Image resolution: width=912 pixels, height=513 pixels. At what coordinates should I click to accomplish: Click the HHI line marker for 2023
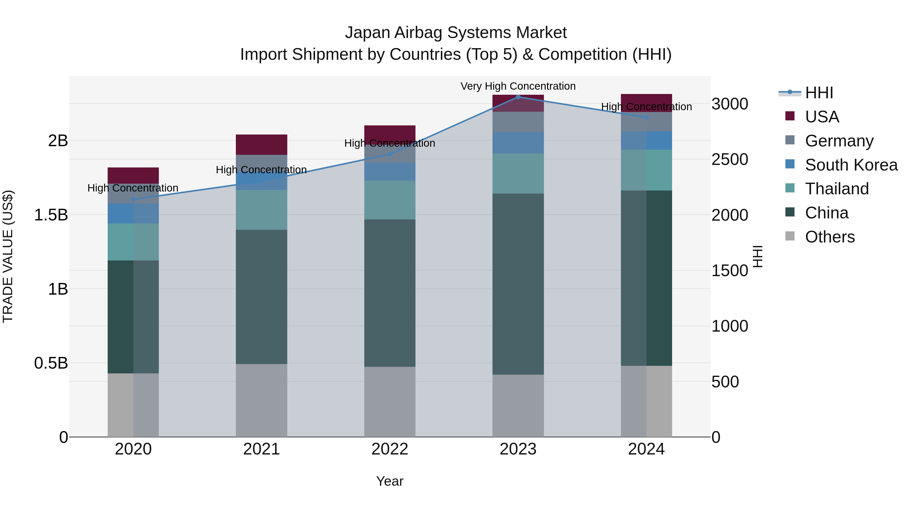[x=518, y=97]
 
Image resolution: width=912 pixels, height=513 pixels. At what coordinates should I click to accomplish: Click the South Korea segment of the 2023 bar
[x=518, y=143]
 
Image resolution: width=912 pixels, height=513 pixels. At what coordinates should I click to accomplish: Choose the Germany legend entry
[x=839, y=141]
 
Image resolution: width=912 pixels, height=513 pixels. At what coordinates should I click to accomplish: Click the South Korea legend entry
[x=851, y=165]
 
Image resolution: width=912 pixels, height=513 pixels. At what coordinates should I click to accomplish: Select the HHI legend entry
[x=819, y=93]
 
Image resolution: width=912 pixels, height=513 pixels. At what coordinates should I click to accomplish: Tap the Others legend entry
[x=829, y=237]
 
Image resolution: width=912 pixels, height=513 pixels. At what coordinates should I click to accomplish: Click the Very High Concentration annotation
[x=518, y=86]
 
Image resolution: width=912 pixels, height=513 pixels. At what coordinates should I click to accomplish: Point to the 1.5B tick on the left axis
[x=51, y=215]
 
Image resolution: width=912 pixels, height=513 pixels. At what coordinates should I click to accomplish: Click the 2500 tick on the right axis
[x=730, y=159]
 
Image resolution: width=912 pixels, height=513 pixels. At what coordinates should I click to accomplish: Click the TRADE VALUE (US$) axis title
[x=8, y=256]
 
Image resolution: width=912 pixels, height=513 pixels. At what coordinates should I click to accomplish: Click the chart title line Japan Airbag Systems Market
[x=456, y=33]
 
